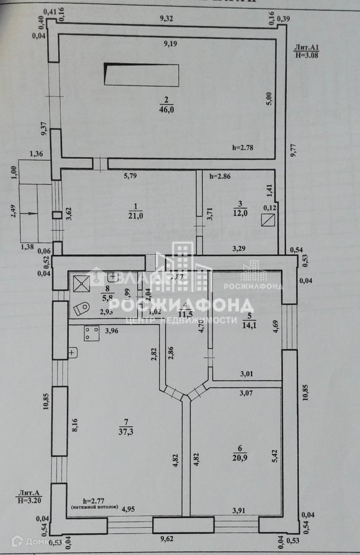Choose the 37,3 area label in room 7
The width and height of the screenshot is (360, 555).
click(124, 431)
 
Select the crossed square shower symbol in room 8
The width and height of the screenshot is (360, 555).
click(81, 282)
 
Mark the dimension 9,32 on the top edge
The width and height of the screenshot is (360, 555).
click(167, 18)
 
